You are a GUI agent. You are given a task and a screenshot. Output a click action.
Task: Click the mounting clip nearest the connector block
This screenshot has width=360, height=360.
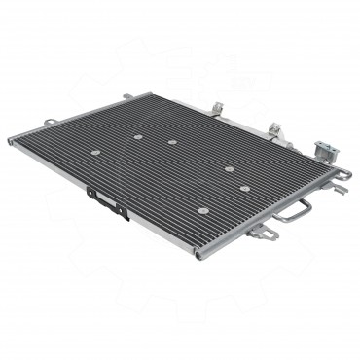point(275,130)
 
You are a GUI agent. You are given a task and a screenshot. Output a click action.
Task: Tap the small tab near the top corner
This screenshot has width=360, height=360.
point(127,95)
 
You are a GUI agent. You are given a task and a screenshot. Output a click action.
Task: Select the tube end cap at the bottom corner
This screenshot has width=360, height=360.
point(198,256)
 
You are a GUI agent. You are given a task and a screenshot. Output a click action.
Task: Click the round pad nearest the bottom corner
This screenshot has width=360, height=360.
point(202,210)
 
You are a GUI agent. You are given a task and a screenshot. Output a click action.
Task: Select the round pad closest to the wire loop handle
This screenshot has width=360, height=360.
point(245,188)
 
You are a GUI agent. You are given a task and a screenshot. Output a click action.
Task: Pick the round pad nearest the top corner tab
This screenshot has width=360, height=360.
point(138,136)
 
